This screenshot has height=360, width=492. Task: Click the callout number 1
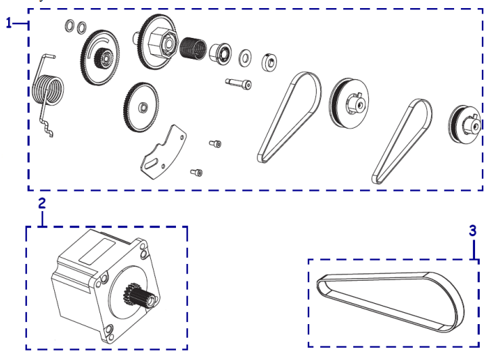pos(9,23)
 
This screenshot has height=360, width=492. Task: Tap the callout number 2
pos(42,204)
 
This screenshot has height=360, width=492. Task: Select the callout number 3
pos(472,231)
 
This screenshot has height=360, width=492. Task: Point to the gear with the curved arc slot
pos(100,58)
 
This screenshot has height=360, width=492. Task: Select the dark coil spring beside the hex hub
pos(194,48)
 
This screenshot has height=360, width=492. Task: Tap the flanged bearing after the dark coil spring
pos(221,52)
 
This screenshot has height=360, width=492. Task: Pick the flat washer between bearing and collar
pos(245,58)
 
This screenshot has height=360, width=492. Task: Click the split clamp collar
pos(269,62)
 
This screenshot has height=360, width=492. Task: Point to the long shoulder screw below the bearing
pos(238,83)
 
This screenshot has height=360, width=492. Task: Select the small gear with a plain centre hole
pos(141,108)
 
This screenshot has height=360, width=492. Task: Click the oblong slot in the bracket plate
pos(151,164)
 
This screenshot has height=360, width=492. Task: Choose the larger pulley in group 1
pos(349,103)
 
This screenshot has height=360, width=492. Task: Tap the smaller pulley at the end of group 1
pos(465,125)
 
